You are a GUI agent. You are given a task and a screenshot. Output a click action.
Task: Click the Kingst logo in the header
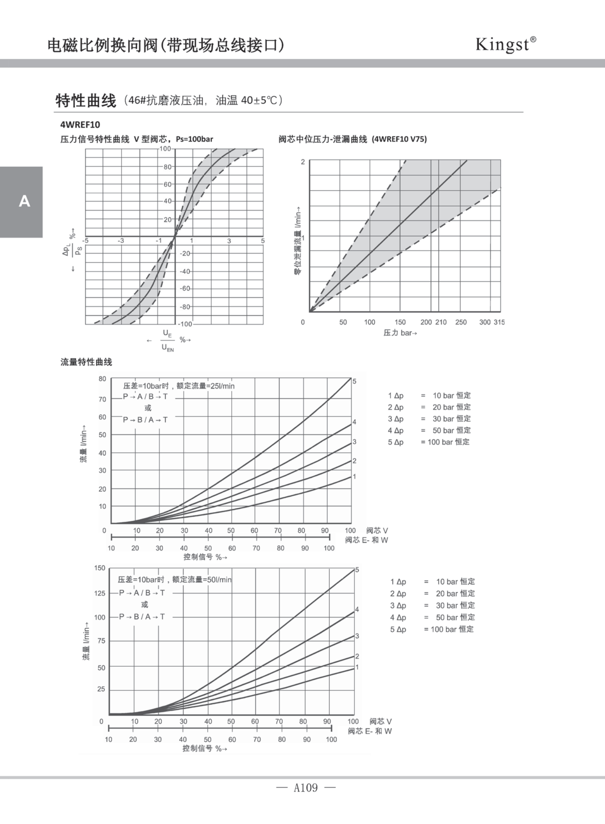(505, 44)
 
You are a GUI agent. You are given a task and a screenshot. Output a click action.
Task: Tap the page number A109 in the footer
(306, 788)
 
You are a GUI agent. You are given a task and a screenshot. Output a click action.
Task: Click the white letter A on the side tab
(24, 201)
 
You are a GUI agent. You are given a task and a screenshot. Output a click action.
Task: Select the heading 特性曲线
(86, 101)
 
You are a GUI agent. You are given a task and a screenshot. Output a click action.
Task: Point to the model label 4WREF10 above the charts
(80, 125)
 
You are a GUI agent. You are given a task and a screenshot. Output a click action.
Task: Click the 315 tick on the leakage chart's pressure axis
(499, 322)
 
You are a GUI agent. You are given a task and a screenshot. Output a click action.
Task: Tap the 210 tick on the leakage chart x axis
(441, 322)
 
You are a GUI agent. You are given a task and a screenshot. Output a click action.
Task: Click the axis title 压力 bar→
(400, 333)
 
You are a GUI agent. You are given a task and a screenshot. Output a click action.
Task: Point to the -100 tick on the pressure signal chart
(185, 324)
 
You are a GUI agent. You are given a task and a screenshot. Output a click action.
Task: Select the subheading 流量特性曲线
(86, 362)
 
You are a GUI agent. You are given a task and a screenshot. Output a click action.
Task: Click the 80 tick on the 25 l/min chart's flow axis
(102, 379)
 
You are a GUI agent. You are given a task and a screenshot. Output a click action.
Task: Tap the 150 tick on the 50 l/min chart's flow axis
(100, 568)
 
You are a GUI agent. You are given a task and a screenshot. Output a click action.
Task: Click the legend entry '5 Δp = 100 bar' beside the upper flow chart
(428, 442)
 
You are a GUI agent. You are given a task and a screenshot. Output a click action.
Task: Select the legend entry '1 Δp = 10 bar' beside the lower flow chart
(433, 582)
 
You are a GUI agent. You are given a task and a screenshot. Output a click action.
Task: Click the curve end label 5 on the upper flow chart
(354, 381)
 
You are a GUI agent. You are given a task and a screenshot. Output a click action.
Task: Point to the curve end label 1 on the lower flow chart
(357, 667)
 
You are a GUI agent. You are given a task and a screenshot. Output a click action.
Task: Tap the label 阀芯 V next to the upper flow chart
(377, 531)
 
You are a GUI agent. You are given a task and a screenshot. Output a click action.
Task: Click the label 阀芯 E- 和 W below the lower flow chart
(369, 731)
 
